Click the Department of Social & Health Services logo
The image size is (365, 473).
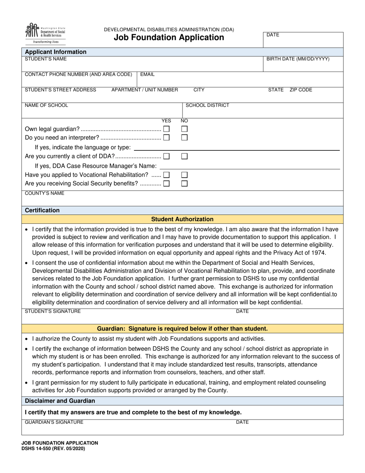pyautogui.click(x=45, y=33)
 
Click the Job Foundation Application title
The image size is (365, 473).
pyautogui.click(x=169, y=37)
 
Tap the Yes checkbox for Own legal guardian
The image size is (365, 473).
pyautogui.click(x=166, y=128)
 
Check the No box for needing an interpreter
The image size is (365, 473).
pyautogui.click(x=184, y=137)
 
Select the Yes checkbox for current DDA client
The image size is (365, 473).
pyautogui.click(x=166, y=156)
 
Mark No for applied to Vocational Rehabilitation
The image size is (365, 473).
pyautogui.click(x=184, y=175)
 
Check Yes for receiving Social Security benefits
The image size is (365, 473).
pyautogui.click(x=166, y=183)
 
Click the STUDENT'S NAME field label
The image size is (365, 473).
pyautogui.click(x=46, y=59)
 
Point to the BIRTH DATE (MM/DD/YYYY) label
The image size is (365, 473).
pyautogui.click(x=298, y=59)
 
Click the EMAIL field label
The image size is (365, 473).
pyautogui.click(x=148, y=74)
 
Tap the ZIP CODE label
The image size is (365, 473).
pyautogui.click(x=301, y=90)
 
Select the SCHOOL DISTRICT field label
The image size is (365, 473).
pyautogui.click(x=207, y=105)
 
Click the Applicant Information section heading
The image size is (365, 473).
pyautogui.click(x=56, y=52)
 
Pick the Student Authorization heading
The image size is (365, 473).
pyautogui.click(x=182, y=219)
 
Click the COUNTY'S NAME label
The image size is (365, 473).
pyautogui.click(x=45, y=193)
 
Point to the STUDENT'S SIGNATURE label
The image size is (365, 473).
pyautogui.click(x=53, y=311)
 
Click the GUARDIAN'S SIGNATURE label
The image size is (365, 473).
pyautogui.click(x=54, y=422)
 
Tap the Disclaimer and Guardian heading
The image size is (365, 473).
pyautogui.click(x=60, y=401)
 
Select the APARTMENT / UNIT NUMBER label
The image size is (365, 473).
pyautogui.click(x=144, y=90)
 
